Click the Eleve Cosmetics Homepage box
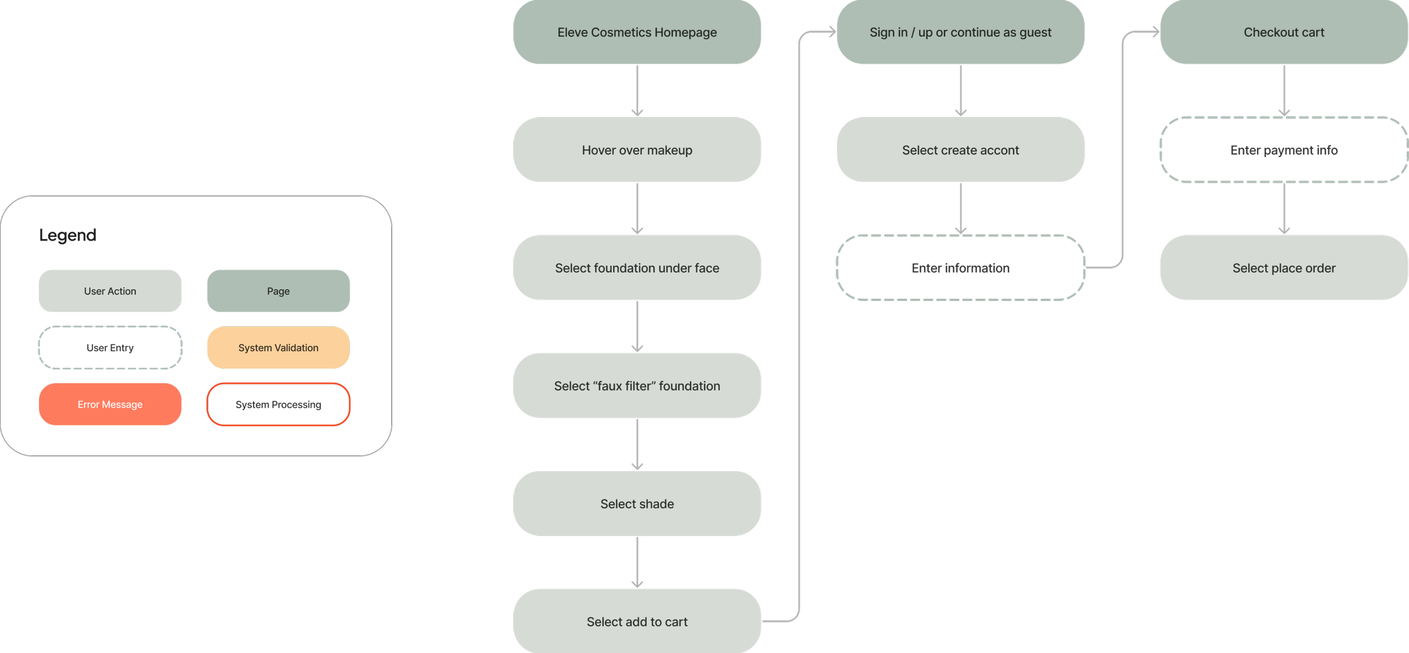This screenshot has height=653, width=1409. point(637,32)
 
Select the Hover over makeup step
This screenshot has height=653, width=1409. point(637,150)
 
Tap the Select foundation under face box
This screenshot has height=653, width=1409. point(637,268)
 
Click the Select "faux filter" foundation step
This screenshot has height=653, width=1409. point(637,386)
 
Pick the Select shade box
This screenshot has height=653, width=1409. point(637,504)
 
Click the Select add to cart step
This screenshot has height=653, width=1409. point(637,621)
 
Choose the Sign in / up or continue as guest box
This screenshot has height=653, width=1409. point(960,32)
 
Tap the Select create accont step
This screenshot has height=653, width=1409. point(960,150)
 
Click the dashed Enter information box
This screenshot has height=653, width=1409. point(960,268)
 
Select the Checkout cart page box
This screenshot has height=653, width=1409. point(1284,32)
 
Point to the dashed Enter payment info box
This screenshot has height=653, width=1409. point(1284,150)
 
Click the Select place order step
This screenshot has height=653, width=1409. point(1284,268)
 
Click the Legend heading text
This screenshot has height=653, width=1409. point(68,235)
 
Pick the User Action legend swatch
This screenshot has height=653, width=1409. point(110,291)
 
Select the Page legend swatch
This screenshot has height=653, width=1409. point(278,291)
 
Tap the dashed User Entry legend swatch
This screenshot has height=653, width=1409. point(110,348)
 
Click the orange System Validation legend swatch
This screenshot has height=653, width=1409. point(278,348)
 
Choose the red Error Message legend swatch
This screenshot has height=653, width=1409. point(110,404)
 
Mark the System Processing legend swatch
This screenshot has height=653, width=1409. point(278,404)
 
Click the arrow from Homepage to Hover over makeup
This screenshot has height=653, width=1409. point(637,91)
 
